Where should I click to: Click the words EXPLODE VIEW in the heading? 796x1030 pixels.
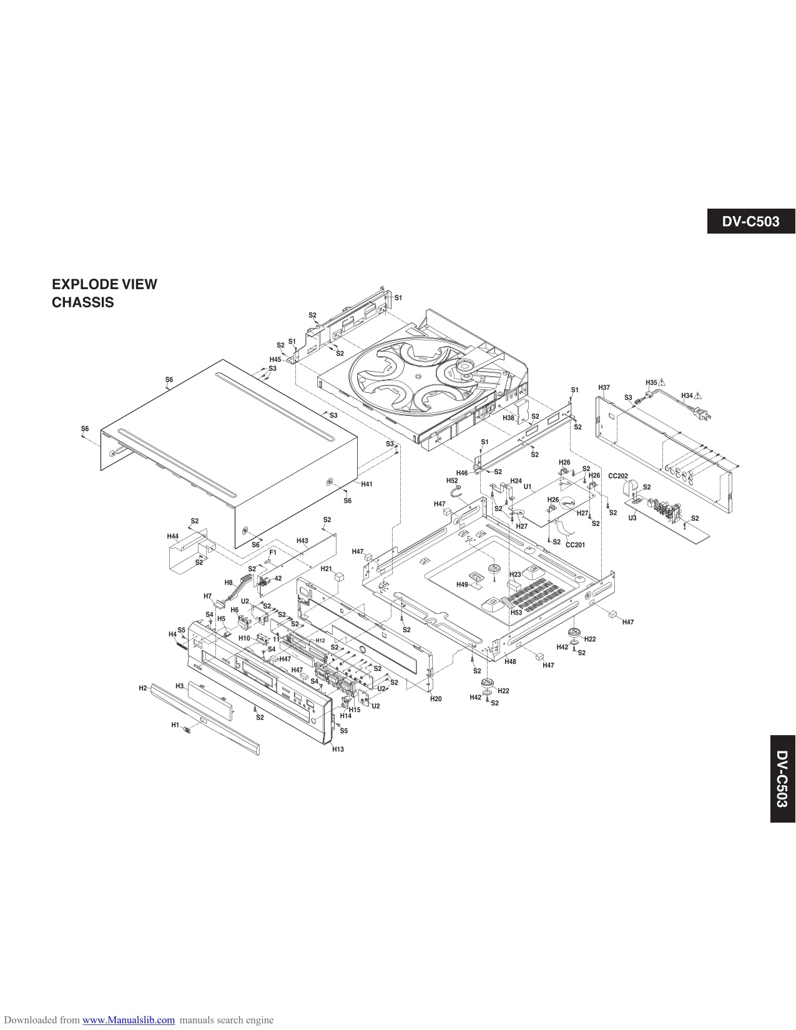click(104, 284)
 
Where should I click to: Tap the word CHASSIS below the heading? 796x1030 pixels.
click(82, 303)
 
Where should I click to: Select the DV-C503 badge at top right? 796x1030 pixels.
click(751, 221)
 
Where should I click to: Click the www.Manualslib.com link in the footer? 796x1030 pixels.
click(129, 1020)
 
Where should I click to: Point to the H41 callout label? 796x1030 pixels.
click(366, 484)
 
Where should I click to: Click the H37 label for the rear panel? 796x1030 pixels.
click(604, 388)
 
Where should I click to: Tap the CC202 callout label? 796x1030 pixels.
click(617, 476)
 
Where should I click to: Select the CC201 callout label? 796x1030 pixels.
click(575, 545)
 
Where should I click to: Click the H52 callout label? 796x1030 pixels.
click(452, 481)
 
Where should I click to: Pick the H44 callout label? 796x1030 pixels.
click(173, 537)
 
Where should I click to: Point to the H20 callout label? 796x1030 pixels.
click(436, 699)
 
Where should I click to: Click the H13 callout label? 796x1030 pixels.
click(338, 749)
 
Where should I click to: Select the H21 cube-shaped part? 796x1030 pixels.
click(339, 576)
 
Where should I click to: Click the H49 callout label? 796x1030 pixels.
click(462, 585)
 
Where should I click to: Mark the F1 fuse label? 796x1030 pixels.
click(273, 552)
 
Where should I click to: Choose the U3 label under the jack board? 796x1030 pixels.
click(632, 518)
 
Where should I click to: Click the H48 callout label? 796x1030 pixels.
click(510, 661)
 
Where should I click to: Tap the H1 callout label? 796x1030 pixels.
click(175, 725)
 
